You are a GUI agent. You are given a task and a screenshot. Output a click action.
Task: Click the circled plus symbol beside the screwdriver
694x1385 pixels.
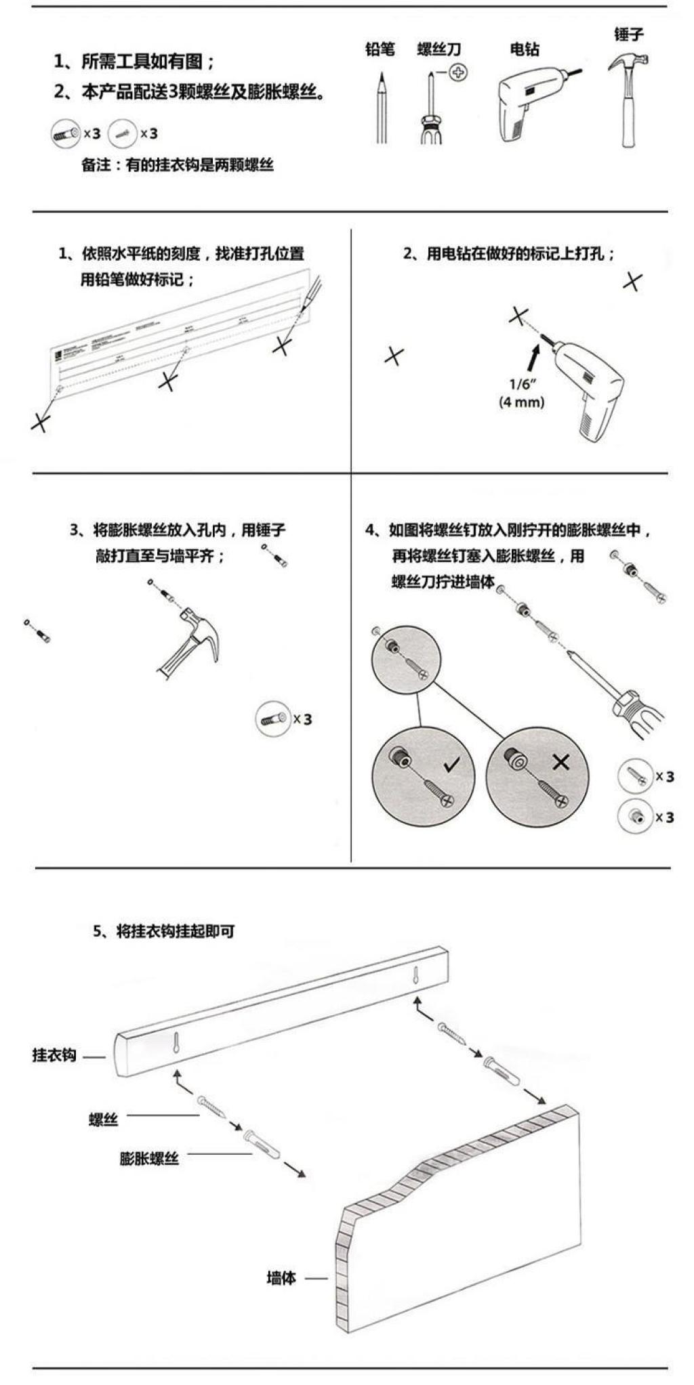[x=459, y=72]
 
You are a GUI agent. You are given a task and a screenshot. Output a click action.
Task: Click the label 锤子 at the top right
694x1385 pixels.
[x=628, y=34]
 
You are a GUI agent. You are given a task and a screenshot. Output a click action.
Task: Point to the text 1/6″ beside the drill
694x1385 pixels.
[x=523, y=385]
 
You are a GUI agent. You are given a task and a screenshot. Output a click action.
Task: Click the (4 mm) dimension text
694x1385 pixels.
[x=522, y=402]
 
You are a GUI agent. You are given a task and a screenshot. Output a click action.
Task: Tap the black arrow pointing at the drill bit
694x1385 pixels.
[x=535, y=354]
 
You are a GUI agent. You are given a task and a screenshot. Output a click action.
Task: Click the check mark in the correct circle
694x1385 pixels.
[x=451, y=765]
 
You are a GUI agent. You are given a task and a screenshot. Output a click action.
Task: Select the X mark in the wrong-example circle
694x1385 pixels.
[x=560, y=763]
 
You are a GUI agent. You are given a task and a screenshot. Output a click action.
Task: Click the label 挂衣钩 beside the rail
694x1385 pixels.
[x=54, y=1055]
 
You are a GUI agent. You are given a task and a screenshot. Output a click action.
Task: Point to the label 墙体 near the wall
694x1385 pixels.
[x=281, y=1278]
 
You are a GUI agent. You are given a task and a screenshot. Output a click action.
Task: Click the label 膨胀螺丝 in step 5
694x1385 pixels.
[x=149, y=1158]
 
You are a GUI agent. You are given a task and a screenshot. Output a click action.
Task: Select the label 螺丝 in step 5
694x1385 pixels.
[x=103, y=1120]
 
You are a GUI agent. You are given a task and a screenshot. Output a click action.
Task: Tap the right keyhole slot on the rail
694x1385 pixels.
[x=416, y=977]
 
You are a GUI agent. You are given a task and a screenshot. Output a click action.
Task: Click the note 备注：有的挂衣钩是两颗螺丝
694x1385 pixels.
[x=178, y=165]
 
